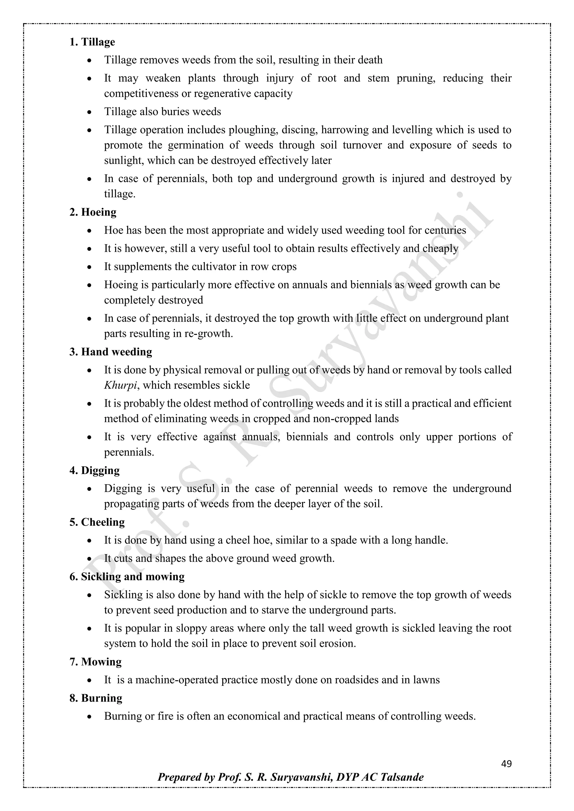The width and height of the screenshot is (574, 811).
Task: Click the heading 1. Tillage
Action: pos(92,42)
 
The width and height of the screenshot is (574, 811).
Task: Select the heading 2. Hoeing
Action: pos(93,212)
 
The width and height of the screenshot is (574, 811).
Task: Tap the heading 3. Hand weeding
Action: pos(111,352)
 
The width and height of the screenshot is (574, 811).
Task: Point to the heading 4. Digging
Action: pos(94,471)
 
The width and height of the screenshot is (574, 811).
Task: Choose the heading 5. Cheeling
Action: pos(97,522)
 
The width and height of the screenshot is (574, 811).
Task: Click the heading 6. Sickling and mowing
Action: pos(127,577)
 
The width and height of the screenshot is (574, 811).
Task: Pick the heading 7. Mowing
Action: pos(95,662)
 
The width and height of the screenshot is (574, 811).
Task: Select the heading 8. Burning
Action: pos(96,698)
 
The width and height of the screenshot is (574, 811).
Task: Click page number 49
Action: pos(506,764)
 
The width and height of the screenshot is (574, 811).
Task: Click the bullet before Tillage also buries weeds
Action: pos(90,112)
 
